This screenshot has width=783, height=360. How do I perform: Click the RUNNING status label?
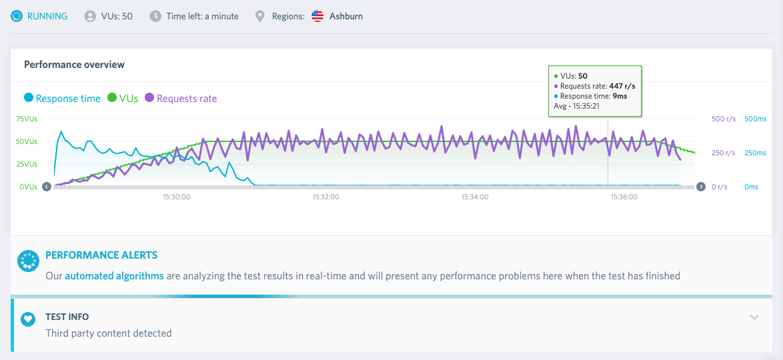pyautogui.click(x=47, y=16)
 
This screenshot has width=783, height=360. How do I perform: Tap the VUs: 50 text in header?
pyautogui.click(x=117, y=16)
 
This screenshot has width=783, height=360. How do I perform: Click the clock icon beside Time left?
pyautogui.click(x=156, y=16)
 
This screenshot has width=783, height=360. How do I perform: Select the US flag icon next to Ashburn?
pyautogui.click(x=317, y=16)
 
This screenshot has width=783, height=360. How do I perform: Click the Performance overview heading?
pyautogui.click(x=75, y=65)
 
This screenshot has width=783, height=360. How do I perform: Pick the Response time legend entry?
pyautogui.click(x=63, y=99)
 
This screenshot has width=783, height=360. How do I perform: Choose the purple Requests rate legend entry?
pyautogui.click(x=181, y=99)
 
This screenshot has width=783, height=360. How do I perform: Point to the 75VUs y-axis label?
pyautogui.click(x=27, y=119)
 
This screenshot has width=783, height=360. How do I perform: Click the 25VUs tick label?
pyautogui.click(x=27, y=164)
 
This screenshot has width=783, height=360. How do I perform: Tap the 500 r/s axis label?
pyautogui.click(x=723, y=119)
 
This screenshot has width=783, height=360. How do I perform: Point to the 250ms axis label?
pyautogui.click(x=755, y=153)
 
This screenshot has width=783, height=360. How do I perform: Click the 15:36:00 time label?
pyautogui.click(x=624, y=197)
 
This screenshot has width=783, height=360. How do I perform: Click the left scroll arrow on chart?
pyautogui.click(x=47, y=187)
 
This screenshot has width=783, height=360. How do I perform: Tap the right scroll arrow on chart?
pyautogui.click(x=700, y=187)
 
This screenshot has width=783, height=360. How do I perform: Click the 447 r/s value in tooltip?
pyautogui.click(x=622, y=86)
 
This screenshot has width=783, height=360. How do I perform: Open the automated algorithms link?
pyautogui.click(x=114, y=275)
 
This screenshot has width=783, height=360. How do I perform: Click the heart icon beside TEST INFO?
pyautogui.click(x=29, y=319)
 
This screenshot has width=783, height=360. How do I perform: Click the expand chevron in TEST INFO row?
pyautogui.click(x=754, y=317)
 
